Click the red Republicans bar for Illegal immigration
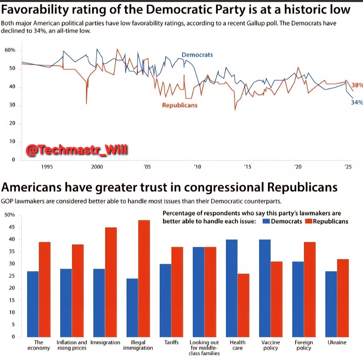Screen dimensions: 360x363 (x=144, y=278)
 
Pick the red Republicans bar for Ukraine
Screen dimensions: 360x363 (x=343, y=298)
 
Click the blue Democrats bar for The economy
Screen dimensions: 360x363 (x=33, y=304)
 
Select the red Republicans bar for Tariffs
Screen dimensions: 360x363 (x=177, y=292)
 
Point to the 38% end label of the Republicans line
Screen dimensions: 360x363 (x=357, y=85)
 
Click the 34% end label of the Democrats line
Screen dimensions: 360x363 (x=357, y=103)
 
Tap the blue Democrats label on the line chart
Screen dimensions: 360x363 (x=197, y=55)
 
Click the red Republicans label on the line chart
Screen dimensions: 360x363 (x=180, y=105)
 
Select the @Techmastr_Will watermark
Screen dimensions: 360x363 (x=77, y=150)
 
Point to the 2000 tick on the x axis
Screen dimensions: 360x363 (x=97, y=167)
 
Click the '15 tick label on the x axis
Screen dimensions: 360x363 (x=247, y=167)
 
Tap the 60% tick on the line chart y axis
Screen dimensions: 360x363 (x=10, y=50)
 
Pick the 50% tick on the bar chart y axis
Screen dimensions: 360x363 (x=9, y=215)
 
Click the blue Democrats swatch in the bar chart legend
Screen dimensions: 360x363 (x=266, y=221)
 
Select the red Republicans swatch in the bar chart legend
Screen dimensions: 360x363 (x=308, y=221)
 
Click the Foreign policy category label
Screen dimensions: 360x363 (x=304, y=345)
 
